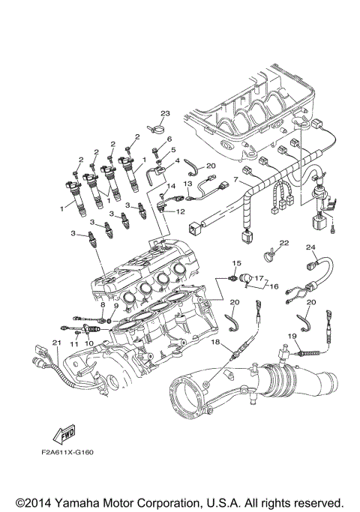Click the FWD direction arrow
coord(64,434)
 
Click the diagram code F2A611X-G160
coord(67,453)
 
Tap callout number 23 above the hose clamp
coord(165,113)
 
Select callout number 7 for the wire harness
coord(235,180)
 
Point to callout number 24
coord(310,247)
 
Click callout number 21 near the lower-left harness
coord(57,342)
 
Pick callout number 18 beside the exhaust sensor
coord(215,342)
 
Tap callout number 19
coord(292,335)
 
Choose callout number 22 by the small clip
coord(284,243)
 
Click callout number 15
coord(237,263)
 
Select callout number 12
coord(180,211)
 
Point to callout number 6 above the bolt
coord(169,139)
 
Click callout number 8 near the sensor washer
coord(103,304)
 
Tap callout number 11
coord(74,344)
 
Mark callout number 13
coord(187,184)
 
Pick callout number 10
coord(88,343)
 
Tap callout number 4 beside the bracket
coord(178,160)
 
